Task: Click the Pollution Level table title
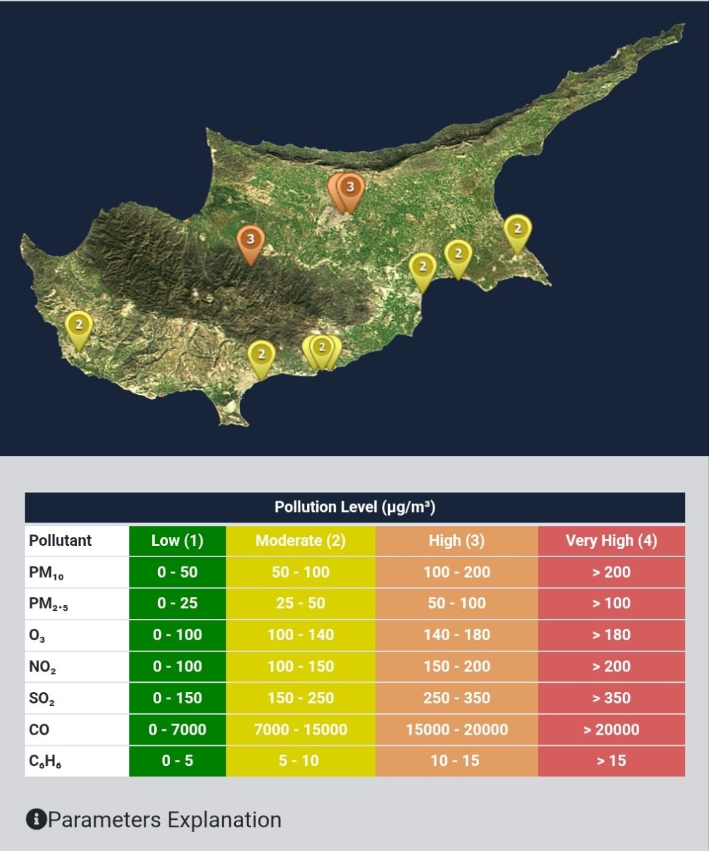355,507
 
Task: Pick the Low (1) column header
177,541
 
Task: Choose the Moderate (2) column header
300,541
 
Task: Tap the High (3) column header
456,541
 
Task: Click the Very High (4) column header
611,541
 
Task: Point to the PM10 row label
47,572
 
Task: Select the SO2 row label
42,699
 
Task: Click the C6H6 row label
45,761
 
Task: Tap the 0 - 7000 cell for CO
177,729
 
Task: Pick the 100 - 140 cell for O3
300,635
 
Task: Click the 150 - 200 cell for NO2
456,666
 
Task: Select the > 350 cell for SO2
611,698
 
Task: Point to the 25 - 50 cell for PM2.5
300,604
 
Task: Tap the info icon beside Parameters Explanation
36,820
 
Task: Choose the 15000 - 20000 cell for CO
456,729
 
